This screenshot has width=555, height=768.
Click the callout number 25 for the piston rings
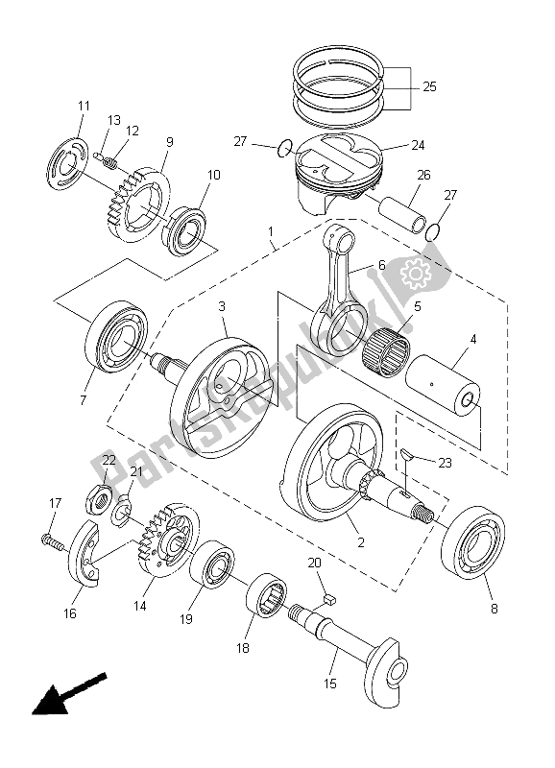pos(428,85)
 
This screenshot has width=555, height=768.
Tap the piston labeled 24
pos(336,168)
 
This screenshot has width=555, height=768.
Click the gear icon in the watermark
pos(419,276)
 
